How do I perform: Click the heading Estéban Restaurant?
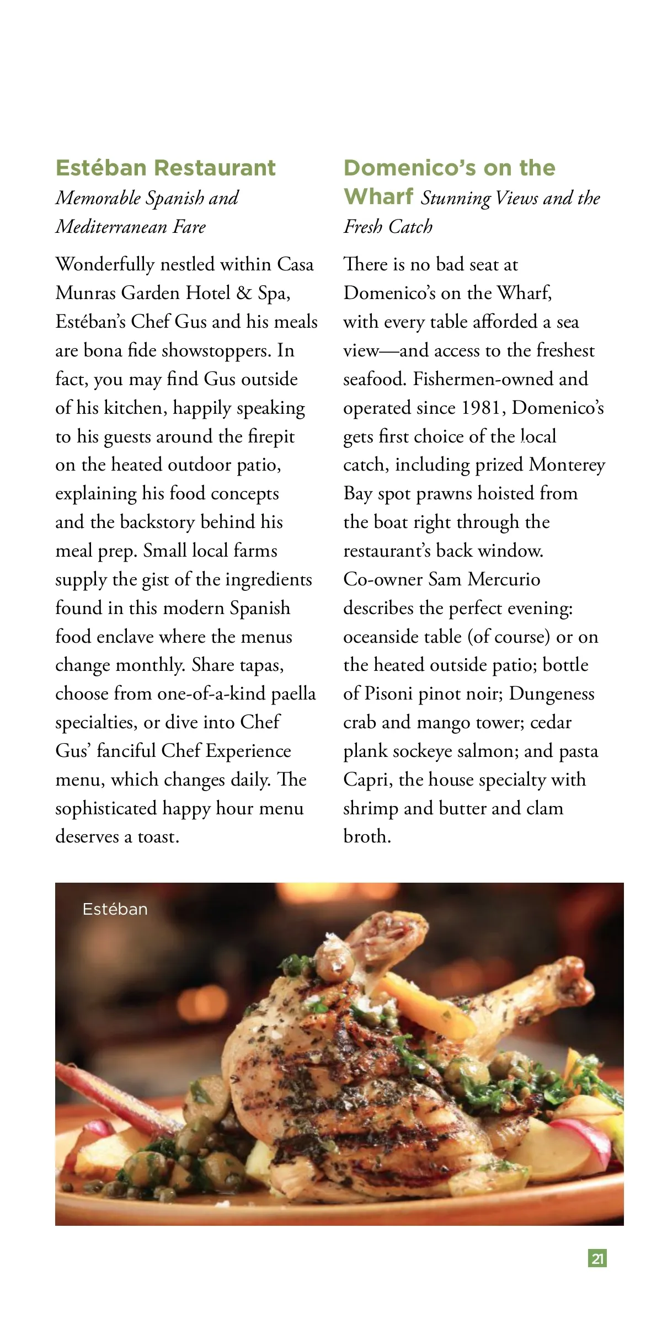[x=165, y=168]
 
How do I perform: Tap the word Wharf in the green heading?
[x=378, y=196]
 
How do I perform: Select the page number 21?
[x=597, y=1258]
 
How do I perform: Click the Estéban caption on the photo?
[x=115, y=909]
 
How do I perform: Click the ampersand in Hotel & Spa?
[x=244, y=293]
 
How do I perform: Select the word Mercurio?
[x=504, y=579]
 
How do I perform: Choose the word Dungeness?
[x=551, y=693]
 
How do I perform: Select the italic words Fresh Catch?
[x=388, y=227]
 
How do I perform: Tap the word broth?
[x=366, y=836]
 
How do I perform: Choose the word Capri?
[x=367, y=780]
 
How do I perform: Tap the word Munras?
[x=86, y=293]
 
